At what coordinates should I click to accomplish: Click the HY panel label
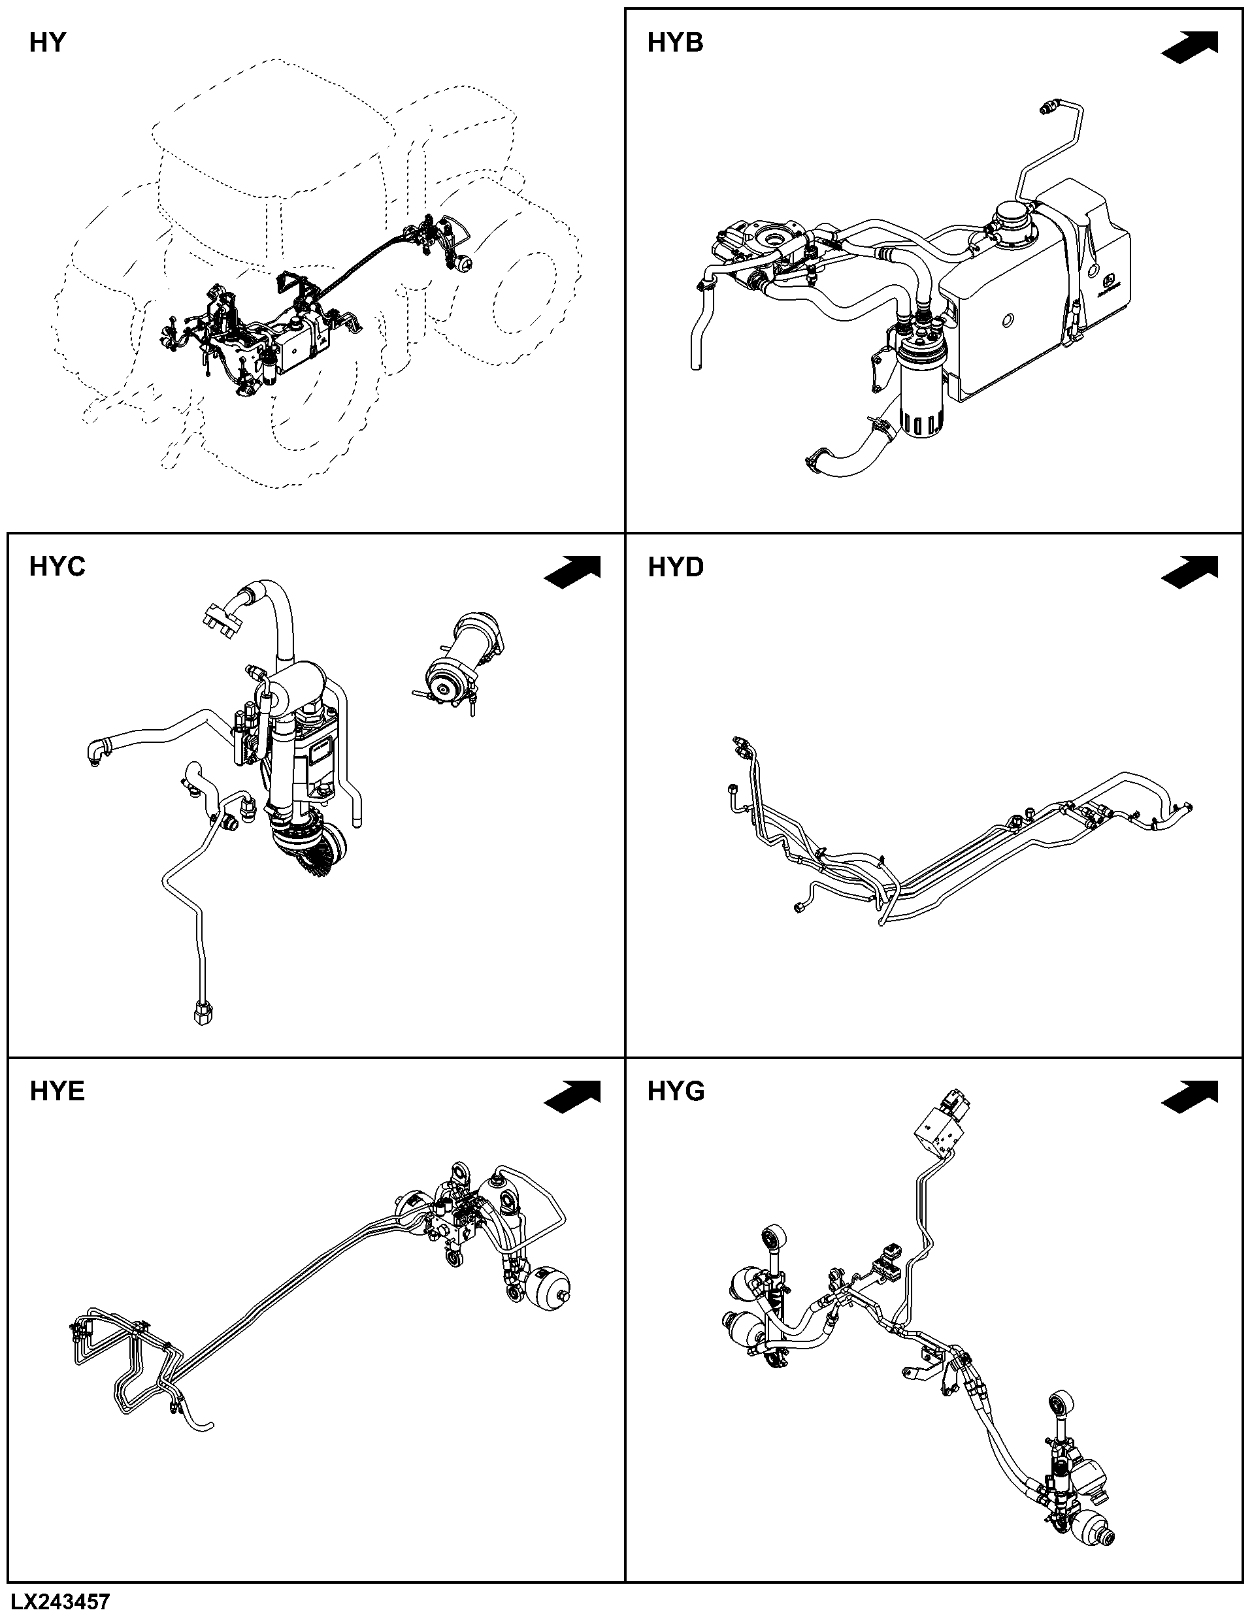point(48,43)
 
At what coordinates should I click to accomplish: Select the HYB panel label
point(674,43)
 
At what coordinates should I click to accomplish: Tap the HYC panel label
point(58,567)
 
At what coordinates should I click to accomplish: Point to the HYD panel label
point(676,567)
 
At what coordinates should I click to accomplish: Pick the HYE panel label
point(58,1091)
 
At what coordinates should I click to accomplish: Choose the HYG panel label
point(676,1091)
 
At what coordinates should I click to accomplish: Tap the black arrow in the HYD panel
point(1189,572)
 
